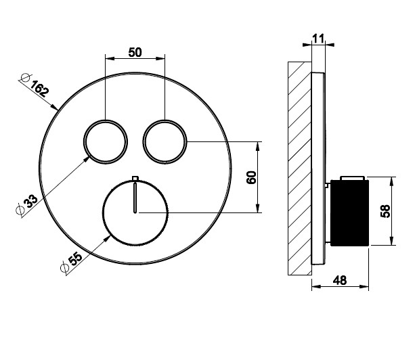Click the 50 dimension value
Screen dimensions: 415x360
click(x=135, y=52)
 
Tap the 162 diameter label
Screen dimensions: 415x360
click(x=40, y=88)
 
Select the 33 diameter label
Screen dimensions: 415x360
click(x=30, y=201)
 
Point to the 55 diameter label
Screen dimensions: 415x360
click(x=75, y=259)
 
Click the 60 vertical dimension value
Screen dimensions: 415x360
click(x=251, y=177)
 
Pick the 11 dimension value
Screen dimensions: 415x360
click(x=318, y=39)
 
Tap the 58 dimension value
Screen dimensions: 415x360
click(x=385, y=211)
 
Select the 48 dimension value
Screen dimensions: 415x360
click(x=340, y=280)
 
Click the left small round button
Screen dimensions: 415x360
click(x=106, y=142)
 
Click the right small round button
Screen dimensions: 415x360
click(x=165, y=142)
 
